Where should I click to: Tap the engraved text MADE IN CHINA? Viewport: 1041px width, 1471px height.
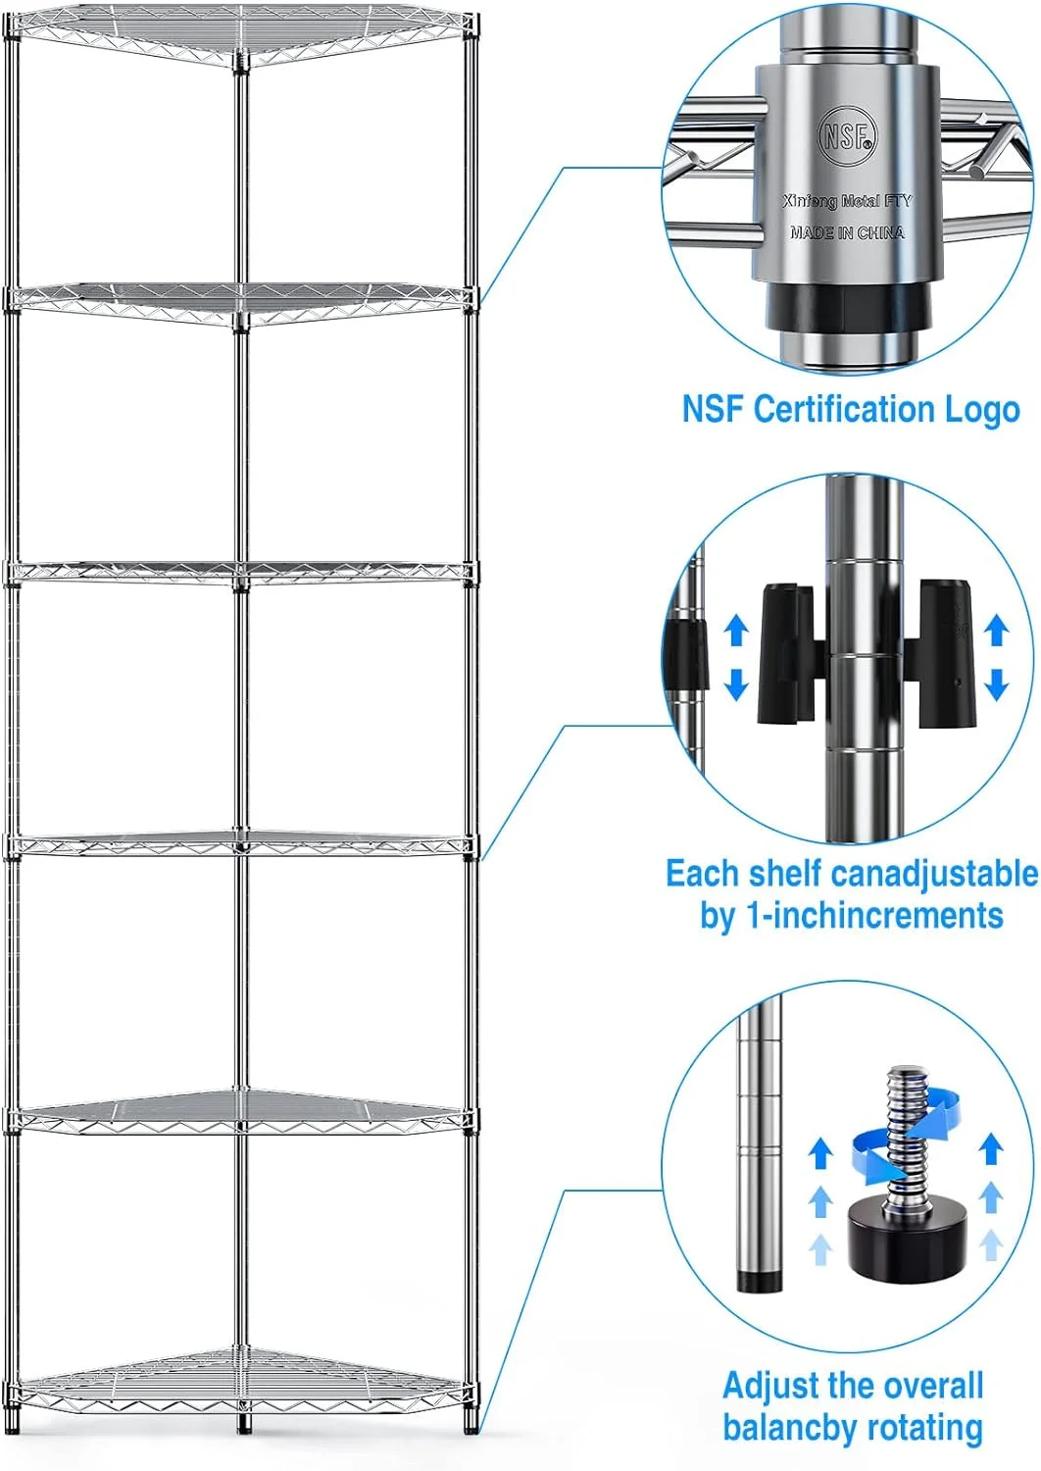(847, 232)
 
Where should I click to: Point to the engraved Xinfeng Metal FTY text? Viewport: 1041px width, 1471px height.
(847, 201)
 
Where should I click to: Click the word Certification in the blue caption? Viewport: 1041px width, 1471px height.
(845, 409)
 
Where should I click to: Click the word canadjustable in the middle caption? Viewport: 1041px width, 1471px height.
(935, 874)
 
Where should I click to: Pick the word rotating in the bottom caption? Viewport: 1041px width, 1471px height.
(924, 1429)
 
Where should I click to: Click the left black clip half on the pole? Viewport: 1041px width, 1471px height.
(790, 653)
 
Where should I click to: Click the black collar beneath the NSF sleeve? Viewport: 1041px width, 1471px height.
(846, 308)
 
